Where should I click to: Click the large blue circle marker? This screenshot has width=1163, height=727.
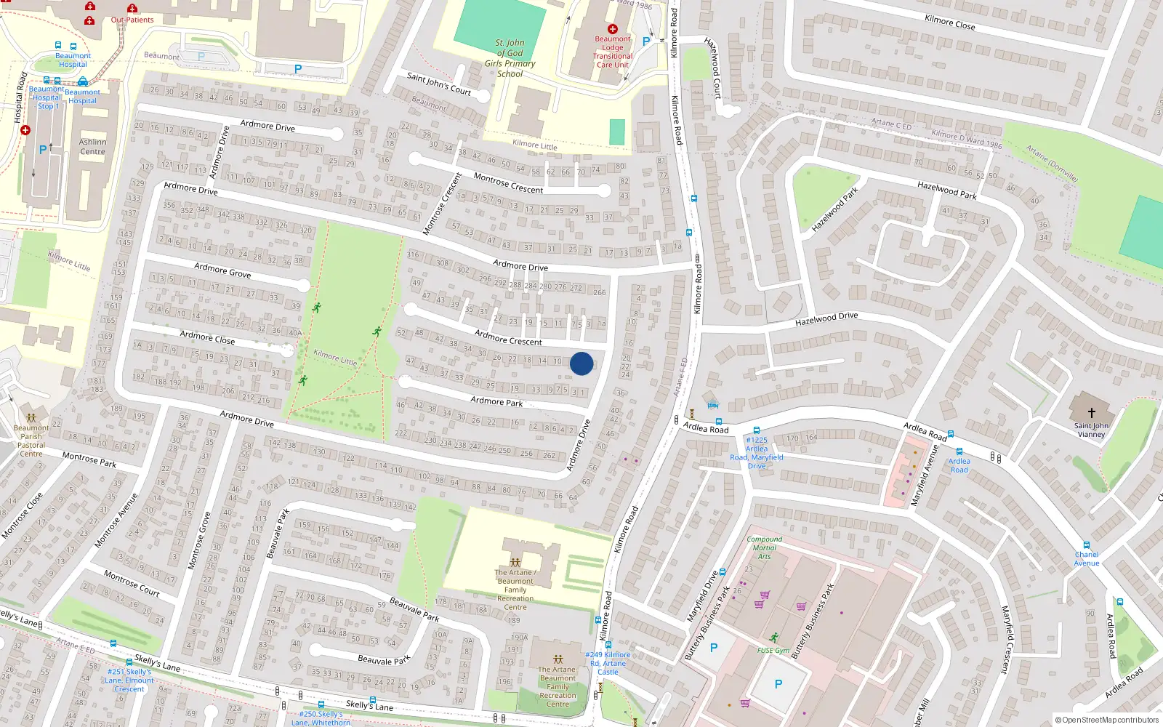(x=581, y=363)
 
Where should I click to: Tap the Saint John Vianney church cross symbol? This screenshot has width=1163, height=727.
(x=1091, y=412)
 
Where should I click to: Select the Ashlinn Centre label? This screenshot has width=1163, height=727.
(x=92, y=147)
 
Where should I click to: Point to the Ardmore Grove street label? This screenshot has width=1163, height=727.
(x=222, y=271)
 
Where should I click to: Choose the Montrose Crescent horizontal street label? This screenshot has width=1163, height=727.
(x=508, y=183)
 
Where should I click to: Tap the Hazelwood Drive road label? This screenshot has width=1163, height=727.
(x=826, y=318)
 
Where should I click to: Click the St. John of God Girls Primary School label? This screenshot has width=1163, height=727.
(x=510, y=58)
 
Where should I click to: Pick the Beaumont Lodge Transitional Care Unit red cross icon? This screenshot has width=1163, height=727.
(x=613, y=29)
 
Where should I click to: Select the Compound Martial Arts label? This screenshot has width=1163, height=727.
(x=764, y=547)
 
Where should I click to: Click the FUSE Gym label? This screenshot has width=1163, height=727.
(x=773, y=650)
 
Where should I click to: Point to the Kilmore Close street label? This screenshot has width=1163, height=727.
(x=949, y=23)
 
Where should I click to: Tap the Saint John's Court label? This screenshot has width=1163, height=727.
(x=439, y=84)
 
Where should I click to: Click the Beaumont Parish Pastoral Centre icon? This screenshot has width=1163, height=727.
(x=31, y=418)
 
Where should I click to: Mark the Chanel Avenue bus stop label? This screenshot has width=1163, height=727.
(x=1087, y=558)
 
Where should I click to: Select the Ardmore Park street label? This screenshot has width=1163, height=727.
(x=496, y=401)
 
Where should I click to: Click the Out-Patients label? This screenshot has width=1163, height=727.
(x=132, y=20)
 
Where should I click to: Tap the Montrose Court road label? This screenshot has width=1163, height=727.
(x=132, y=583)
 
